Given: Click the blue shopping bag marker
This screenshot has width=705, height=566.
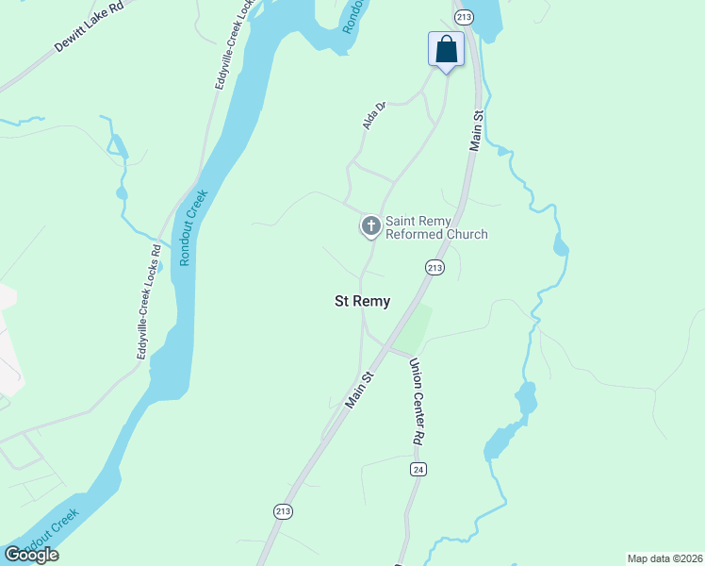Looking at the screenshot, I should pos(446,49).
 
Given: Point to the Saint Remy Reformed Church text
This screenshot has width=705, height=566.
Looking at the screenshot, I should pos(436,227).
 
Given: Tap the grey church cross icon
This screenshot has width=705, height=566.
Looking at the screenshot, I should pos(370,225).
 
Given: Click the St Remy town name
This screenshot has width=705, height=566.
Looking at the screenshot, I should pos(363,302).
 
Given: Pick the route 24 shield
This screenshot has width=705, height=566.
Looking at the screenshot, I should pos(418,469).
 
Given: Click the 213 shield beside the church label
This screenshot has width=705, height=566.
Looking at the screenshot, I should pos(434,268).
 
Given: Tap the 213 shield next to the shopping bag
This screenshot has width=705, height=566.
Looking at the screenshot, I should pos(463,17).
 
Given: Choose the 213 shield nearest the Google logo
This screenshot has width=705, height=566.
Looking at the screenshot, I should pos(284,511).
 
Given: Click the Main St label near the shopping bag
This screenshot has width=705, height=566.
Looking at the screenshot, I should pos(476,131).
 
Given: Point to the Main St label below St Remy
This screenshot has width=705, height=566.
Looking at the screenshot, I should pos(360,389).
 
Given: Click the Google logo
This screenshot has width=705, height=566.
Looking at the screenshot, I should pos(31,555).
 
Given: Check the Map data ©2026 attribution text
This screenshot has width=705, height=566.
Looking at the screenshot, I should pos(664,558).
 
